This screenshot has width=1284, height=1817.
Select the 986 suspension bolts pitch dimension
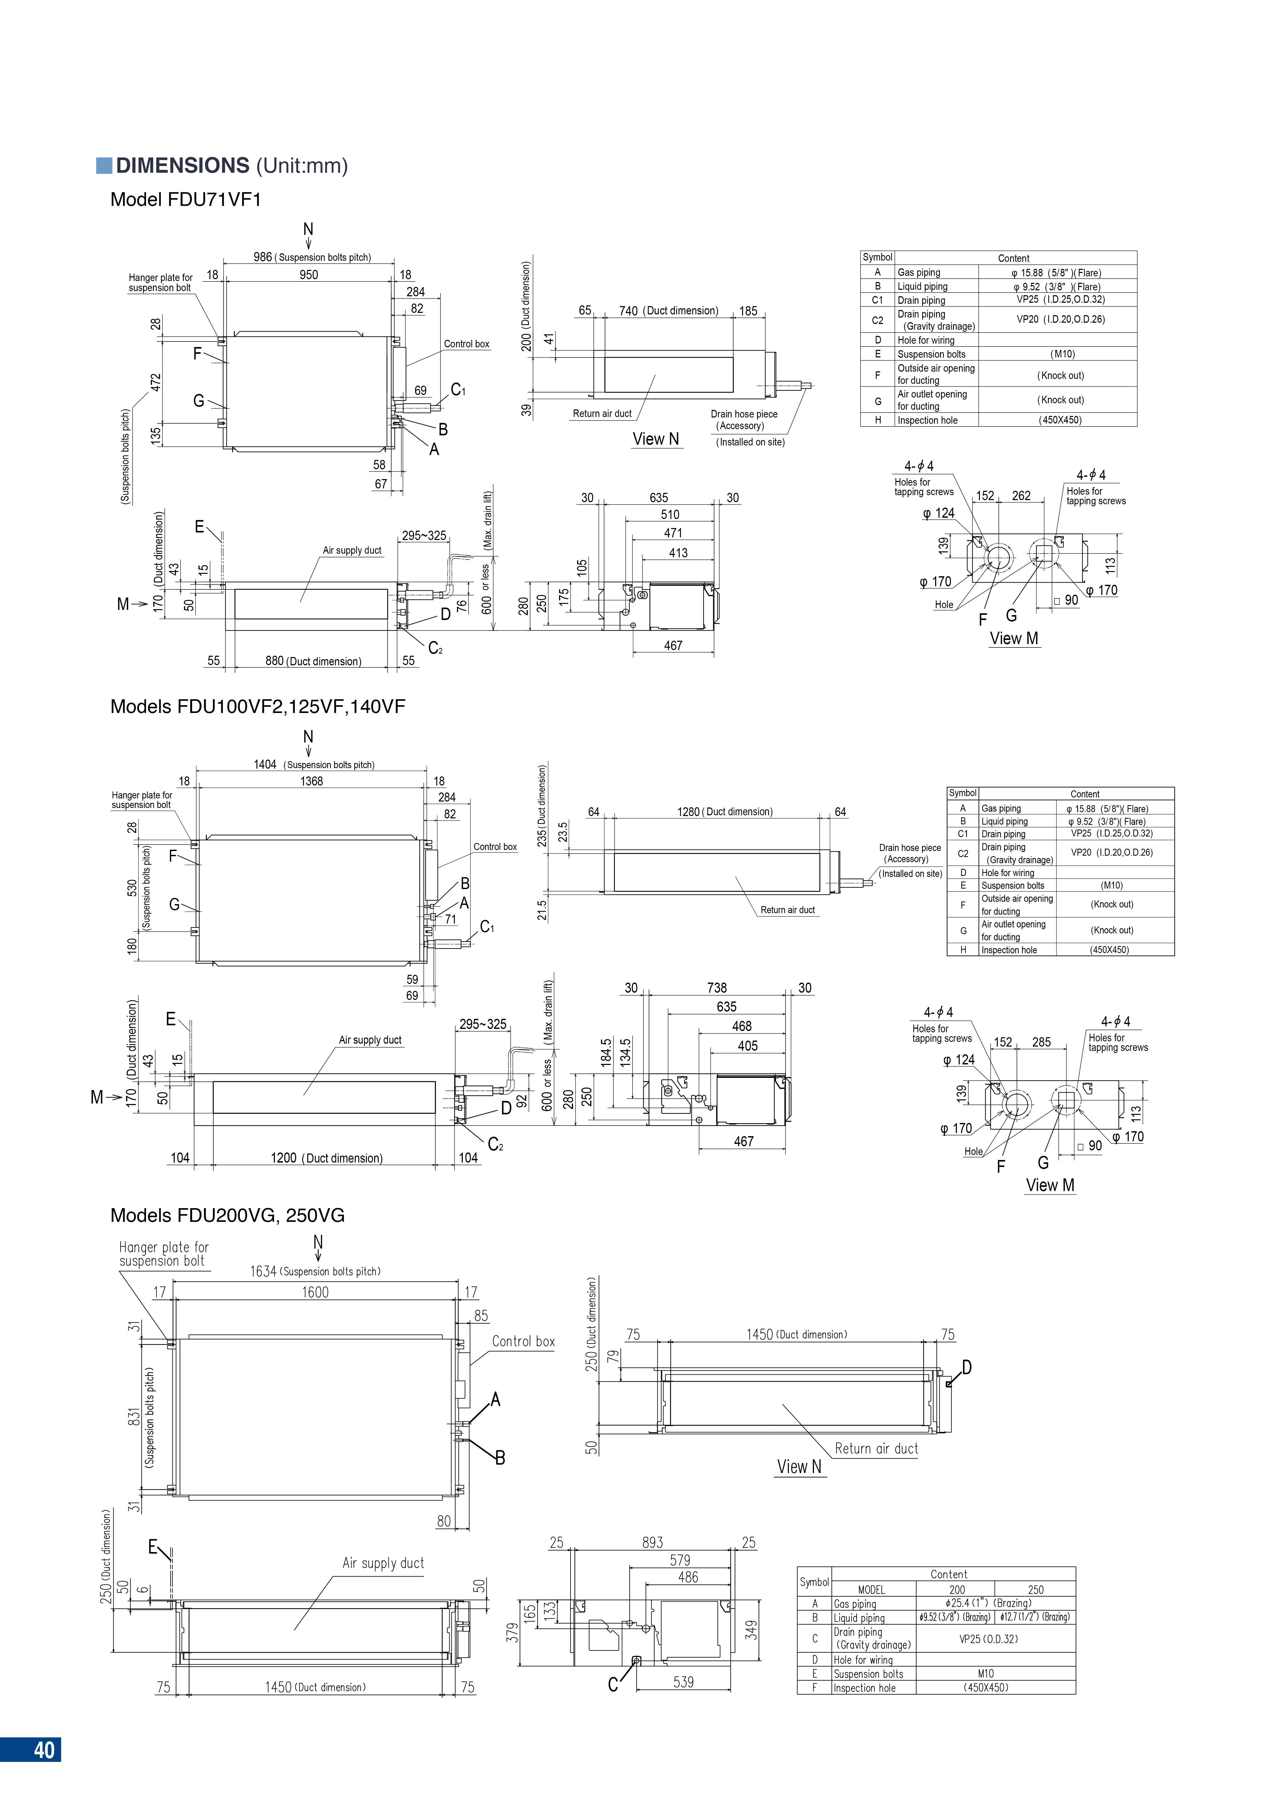coord(263,257)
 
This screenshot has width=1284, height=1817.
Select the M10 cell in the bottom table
coord(986,1674)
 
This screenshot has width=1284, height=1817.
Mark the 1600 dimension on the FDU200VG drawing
coord(315,1292)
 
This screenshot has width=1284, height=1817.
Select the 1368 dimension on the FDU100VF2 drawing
coord(312,781)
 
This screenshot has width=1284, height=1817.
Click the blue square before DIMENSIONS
coord(104,165)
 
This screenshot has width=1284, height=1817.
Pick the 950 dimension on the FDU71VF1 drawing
coord(309,275)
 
